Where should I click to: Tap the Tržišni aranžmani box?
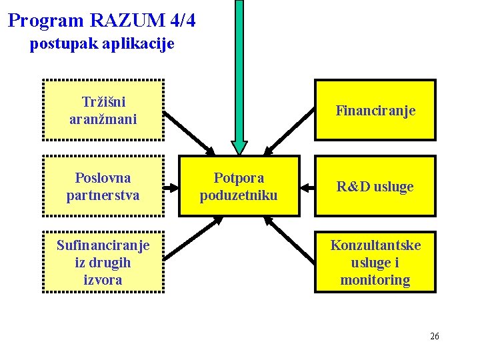(103, 110)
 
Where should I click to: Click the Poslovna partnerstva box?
(103, 186)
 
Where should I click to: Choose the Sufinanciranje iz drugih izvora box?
(103, 262)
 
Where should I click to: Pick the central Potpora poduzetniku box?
(239, 186)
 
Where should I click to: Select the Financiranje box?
(375, 110)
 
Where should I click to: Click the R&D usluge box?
(375, 186)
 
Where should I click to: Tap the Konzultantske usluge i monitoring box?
(375, 262)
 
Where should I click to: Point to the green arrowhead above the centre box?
(239, 148)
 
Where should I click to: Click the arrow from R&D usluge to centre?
(307, 187)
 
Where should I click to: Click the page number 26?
(435, 336)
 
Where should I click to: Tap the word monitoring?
(375, 280)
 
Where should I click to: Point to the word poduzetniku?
(239, 195)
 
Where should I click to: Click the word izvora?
(103, 280)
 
